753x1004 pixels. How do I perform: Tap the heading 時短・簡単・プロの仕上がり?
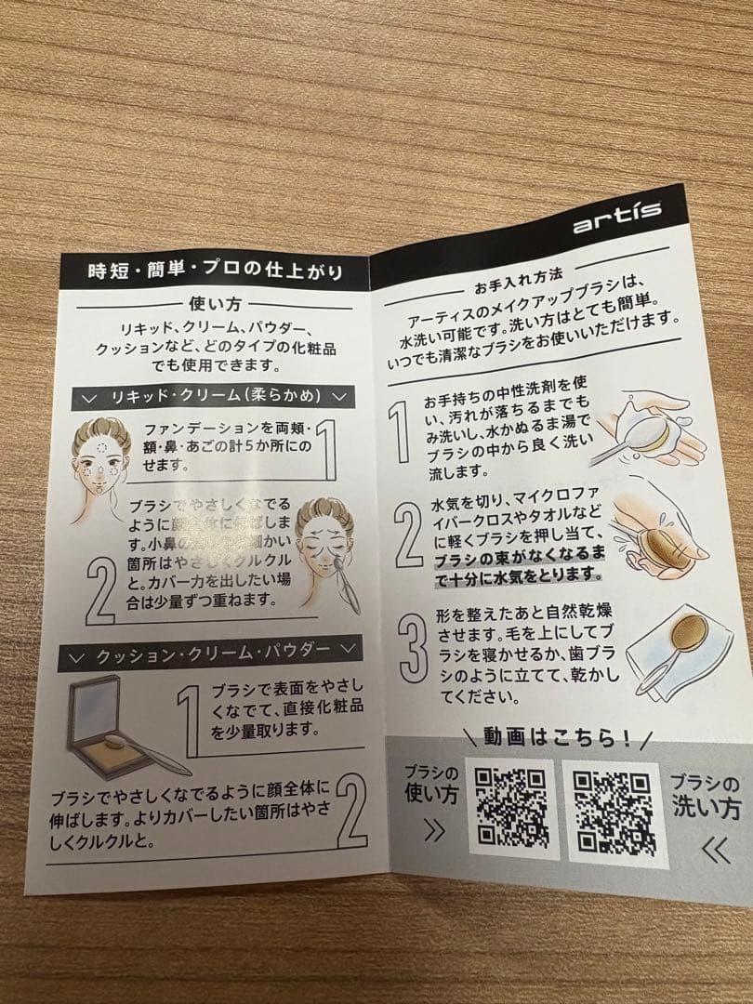pyautogui.click(x=214, y=271)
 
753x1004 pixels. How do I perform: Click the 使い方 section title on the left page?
pyautogui.click(x=215, y=303)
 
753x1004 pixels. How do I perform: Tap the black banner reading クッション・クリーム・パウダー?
pyautogui.click(x=208, y=654)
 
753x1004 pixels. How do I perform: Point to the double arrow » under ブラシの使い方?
pyautogui.click(x=433, y=831)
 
